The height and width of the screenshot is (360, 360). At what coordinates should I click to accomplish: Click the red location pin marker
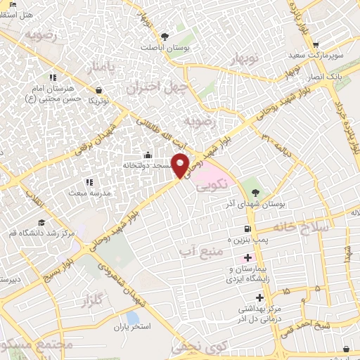(x=181, y=165)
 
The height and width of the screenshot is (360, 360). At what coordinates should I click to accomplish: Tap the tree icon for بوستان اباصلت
(x=165, y=36)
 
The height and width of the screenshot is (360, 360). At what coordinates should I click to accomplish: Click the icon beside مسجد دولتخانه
(x=148, y=155)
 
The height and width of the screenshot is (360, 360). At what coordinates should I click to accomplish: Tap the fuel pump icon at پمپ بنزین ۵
(x=247, y=229)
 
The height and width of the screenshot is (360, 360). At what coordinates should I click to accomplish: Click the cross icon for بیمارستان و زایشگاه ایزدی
(x=247, y=258)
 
